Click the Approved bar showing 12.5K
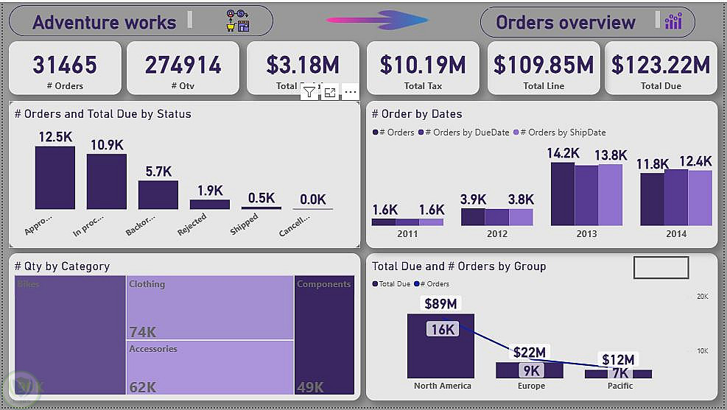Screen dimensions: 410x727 click(x=55, y=177)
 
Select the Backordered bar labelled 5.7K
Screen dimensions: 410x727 click(x=158, y=195)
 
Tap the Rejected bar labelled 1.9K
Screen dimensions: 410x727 click(x=209, y=204)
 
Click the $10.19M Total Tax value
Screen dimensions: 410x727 click(x=423, y=65)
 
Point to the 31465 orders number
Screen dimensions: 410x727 click(x=65, y=65)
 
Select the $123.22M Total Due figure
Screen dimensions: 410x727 click(x=660, y=65)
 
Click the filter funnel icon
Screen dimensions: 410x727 click(x=309, y=92)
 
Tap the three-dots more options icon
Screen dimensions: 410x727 click(x=351, y=92)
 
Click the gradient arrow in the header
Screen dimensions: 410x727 click(x=376, y=20)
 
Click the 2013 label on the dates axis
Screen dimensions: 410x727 click(x=586, y=234)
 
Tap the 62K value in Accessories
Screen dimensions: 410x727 click(x=143, y=387)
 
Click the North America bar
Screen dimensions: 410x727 click(x=440, y=346)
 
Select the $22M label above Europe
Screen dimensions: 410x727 click(x=530, y=353)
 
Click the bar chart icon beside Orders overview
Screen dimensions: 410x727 click(x=673, y=22)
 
